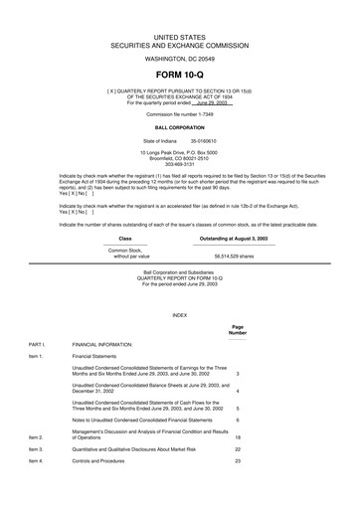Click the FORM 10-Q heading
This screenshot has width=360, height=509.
[179, 76]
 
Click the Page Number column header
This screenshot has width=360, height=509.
[238, 329]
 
